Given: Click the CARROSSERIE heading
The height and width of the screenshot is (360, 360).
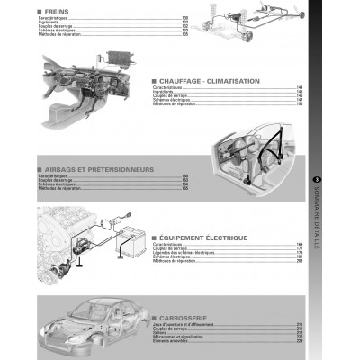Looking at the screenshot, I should point(185,318).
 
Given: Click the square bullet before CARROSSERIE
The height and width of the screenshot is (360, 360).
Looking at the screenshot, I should point(154,318).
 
